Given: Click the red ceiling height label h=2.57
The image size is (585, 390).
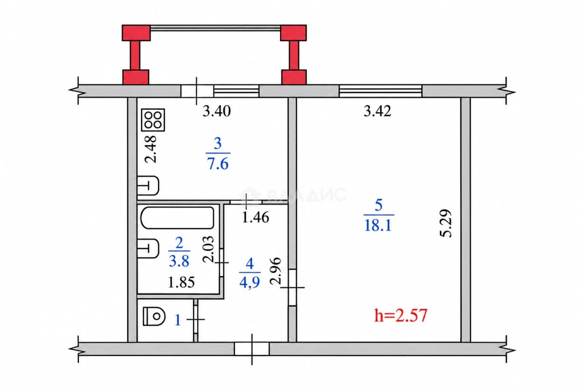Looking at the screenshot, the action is [401, 315].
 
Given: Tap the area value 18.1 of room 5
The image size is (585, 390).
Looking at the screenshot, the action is [378, 225].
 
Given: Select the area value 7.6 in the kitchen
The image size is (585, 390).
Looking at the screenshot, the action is [218, 164].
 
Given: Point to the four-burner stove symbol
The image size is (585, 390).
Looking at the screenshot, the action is [153, 120].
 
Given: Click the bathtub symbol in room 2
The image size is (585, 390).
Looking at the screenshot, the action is [177, 218].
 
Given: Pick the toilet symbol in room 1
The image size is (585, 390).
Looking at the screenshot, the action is [154, 316].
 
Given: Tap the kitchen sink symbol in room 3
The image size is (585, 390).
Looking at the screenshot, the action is [148, 186].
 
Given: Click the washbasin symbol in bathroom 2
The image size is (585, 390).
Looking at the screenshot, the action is [148, 249].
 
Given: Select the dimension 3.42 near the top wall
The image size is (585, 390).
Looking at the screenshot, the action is [377, 111].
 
